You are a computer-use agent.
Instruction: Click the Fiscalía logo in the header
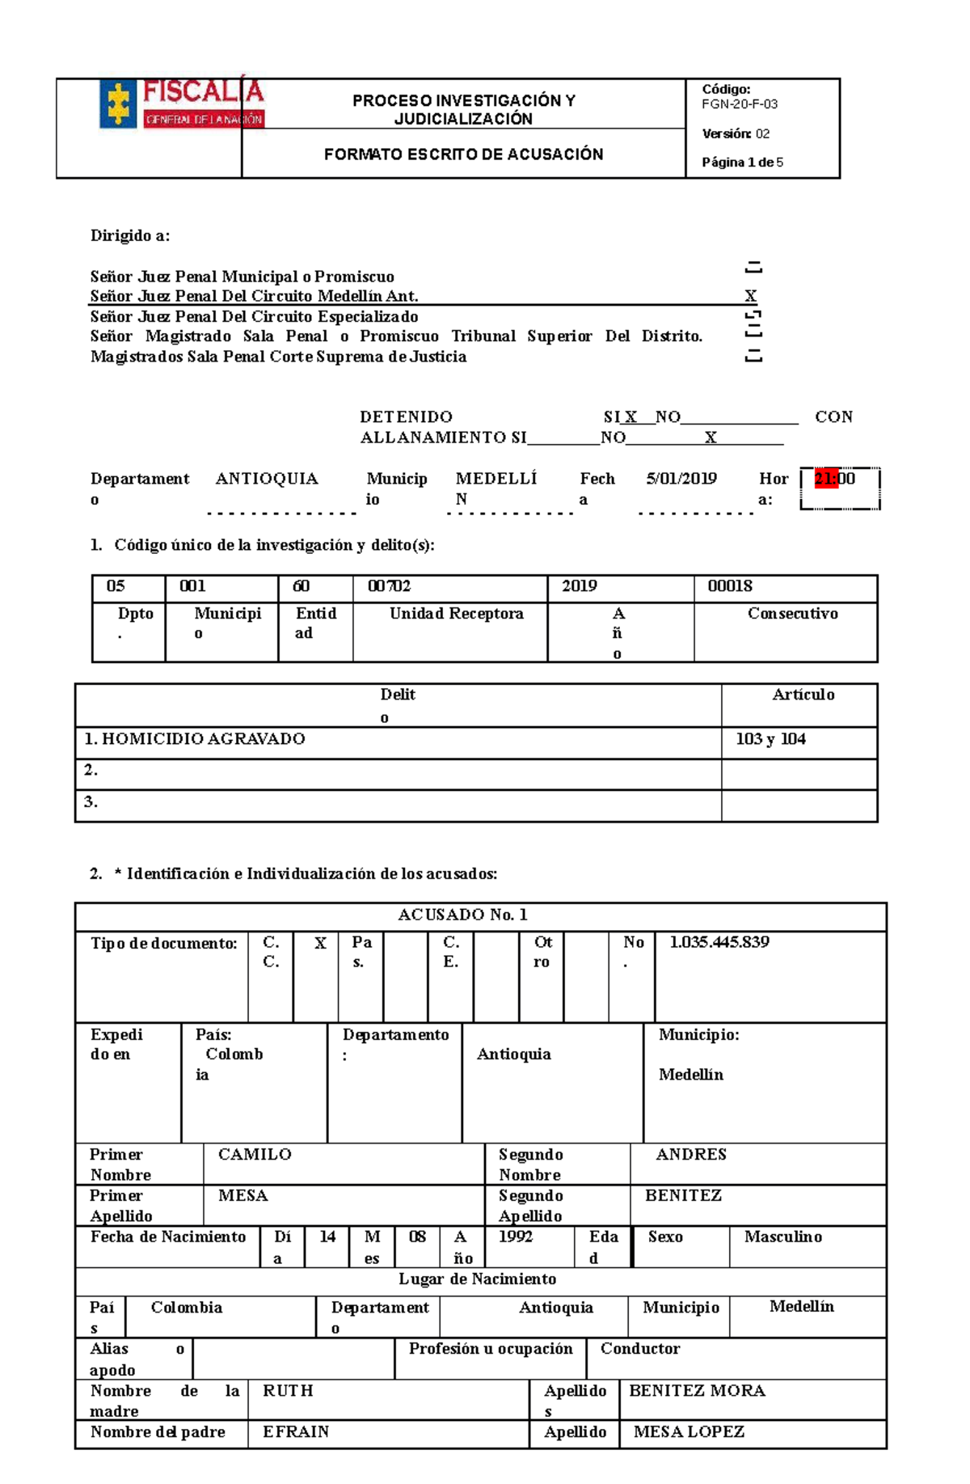click(182, 104)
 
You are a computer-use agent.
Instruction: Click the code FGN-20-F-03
click(740, 104)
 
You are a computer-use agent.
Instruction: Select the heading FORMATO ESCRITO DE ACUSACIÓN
click(463, 154)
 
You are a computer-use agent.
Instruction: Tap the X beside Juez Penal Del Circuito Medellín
click(751, 296)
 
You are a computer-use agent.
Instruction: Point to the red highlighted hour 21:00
click(834, 479)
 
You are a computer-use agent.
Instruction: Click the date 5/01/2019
click(681, 479)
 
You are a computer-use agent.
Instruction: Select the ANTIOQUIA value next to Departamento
click(267, 479)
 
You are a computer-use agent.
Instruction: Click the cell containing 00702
click(389, 586)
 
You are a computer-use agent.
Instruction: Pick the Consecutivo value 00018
click(730, 586)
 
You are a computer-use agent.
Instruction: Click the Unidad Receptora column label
click(456, 614)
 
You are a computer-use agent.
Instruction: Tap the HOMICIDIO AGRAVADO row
click(195, 739)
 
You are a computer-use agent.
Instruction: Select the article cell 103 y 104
click(770, 739)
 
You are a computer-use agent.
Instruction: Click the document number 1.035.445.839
click(719, 942)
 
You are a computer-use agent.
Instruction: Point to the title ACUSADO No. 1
click(462, 915)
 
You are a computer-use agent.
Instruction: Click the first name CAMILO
click(255, 1155)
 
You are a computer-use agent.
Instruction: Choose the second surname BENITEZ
click(683, 1195)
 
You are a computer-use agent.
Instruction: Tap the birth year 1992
click(516, 1237)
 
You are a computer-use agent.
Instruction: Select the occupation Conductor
click(640, 1349)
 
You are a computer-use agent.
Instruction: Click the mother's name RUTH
click(288, 1391)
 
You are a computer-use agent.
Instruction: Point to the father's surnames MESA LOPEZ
click(689, 1432)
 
